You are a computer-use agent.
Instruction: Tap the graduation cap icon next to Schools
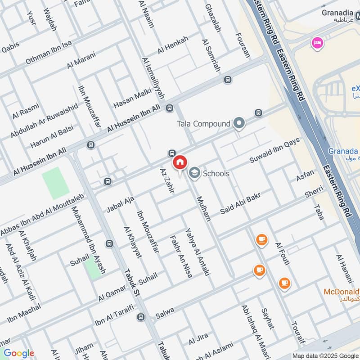[194, 173]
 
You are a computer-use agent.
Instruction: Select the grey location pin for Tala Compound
[239, 123]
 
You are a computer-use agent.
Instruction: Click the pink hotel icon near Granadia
[317, 43]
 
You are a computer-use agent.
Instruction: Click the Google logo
[18, 353]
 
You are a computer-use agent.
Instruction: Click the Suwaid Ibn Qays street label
[274, 151]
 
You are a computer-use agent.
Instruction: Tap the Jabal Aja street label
[120, 204]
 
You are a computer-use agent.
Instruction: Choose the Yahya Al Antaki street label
[198, 252]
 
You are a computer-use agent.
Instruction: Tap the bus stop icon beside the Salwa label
[141, 317]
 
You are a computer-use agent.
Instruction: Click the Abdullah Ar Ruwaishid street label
[44, 121]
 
